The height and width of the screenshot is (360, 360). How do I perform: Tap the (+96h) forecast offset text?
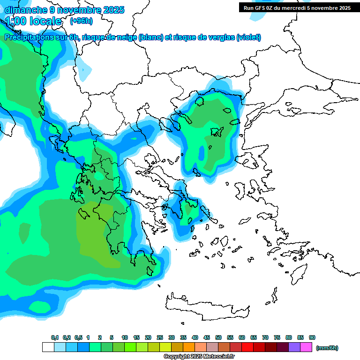81,21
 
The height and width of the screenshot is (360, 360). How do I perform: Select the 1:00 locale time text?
33,21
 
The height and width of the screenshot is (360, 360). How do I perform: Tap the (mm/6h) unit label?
327,348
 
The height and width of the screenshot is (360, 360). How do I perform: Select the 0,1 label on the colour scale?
54,338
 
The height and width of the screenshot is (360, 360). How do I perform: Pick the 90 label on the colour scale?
312,338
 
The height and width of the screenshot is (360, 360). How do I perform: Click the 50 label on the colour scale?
218,338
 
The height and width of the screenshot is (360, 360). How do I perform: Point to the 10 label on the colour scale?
125,338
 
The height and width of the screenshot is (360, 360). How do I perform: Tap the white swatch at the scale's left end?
48,347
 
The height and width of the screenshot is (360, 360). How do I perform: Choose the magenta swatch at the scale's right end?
306,347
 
